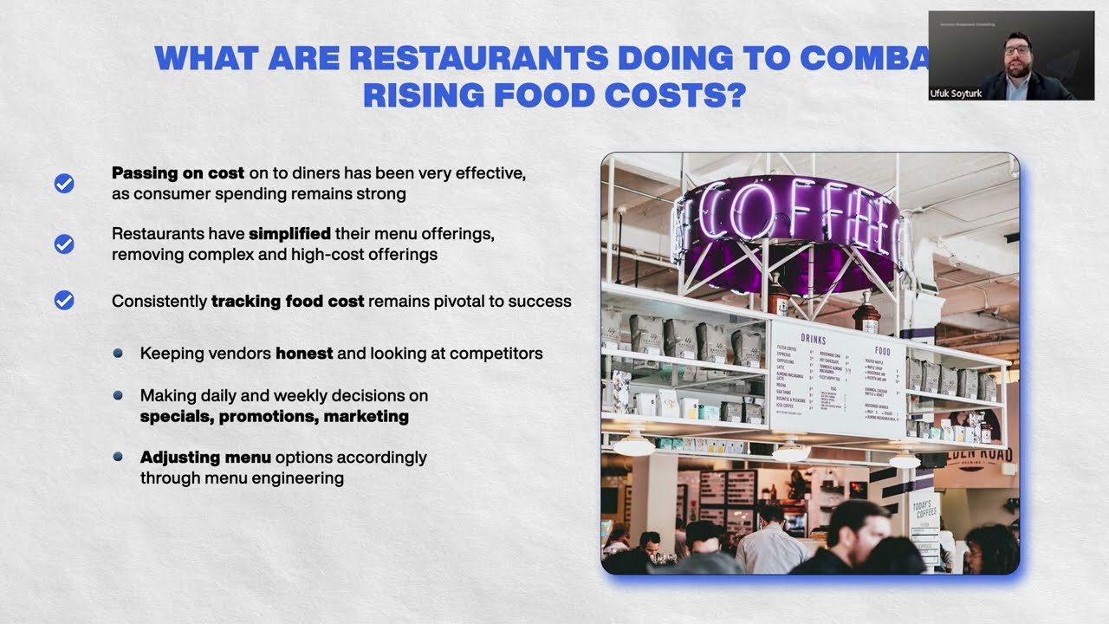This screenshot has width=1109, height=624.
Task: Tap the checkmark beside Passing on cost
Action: click(64, 184)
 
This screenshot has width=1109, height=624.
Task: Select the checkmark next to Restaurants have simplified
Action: click(64, 244)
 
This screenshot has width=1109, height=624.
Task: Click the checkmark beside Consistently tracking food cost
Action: click(64, 301)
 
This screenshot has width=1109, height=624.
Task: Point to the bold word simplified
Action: click(289, 234)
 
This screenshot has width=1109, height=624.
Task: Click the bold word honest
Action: click(304, 353)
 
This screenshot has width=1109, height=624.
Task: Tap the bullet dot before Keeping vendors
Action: click(118, 353)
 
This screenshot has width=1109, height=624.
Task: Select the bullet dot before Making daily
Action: click(118, 395)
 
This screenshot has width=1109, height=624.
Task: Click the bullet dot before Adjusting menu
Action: click(118, 456)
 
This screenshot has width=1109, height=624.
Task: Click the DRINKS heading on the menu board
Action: click(813, 339)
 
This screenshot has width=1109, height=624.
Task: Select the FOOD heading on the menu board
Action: click(882, 351)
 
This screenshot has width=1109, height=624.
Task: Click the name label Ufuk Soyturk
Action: click(956, 94)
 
